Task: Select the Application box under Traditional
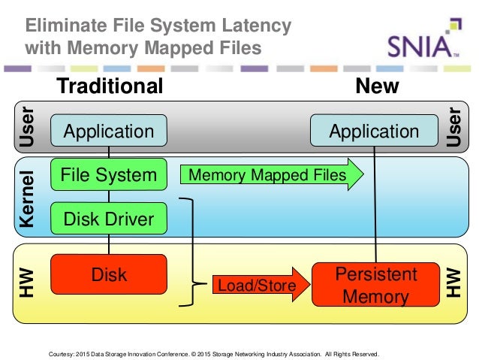(108, 132)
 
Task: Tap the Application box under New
(374, 132)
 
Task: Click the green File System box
(108, 175)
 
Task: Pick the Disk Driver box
(108, 219)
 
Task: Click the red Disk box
(108, 275)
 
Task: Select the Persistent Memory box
(375, 285)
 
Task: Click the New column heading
(377, 86)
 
